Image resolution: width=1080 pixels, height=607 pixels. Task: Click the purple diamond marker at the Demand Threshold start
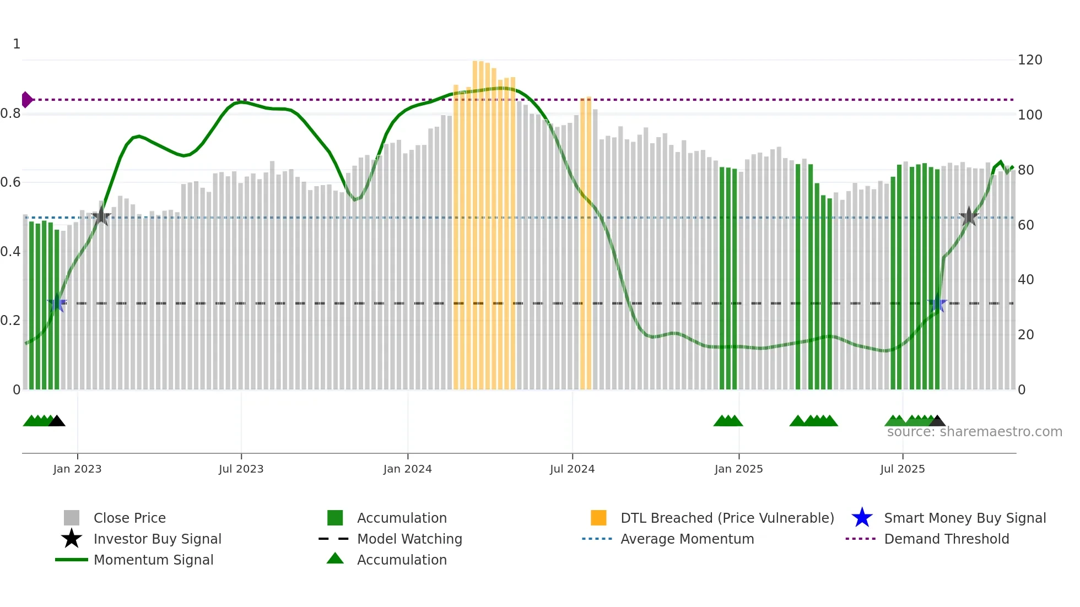point(26,100)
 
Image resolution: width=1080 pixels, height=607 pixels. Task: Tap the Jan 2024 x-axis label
point(407,469)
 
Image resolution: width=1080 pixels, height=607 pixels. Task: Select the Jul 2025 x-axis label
point(902,469)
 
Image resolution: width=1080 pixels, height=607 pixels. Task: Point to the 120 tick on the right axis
point(1029,60)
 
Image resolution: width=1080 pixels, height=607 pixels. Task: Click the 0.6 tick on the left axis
point(10,182)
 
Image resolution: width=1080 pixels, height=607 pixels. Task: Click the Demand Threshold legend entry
point(946,539)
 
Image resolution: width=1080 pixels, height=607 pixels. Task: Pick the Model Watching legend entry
point(409,539)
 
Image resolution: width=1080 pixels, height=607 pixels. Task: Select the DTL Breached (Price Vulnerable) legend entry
point(727,518)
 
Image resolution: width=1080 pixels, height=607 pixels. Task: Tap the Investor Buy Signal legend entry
point(157,539)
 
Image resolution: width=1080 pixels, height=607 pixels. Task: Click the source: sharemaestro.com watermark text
point(974,432)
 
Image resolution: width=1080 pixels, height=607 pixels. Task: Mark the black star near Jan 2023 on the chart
point(101,216)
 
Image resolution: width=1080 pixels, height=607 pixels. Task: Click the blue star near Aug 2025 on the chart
point(937,303)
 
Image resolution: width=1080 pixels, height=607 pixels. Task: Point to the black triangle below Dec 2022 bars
point(57,421)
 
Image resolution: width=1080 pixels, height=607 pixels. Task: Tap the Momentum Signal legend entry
point(153,560)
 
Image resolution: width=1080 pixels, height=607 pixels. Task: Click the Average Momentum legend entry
point(687,539)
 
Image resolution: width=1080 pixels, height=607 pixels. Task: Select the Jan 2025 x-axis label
point(738,469)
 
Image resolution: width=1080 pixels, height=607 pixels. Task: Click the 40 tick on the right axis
point(1025,280)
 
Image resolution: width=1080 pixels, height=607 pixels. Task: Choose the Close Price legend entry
point(129,518)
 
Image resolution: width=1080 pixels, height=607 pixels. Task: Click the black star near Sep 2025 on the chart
point(969,216)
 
